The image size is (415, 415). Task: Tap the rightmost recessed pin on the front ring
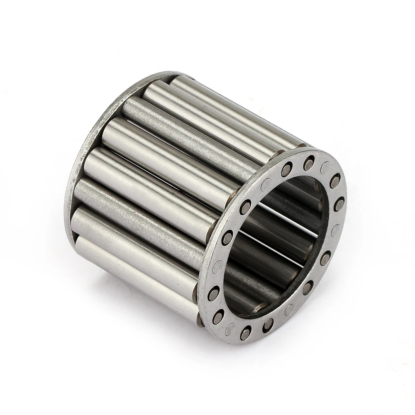click(x=339, y=204)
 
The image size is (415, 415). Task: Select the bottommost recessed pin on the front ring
click(x=246, y=332)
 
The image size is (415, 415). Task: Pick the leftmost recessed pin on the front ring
click(x=214, y=293)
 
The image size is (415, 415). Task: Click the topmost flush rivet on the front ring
click(x=325, y=167)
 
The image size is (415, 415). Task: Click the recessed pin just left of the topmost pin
click(x=286, y=169)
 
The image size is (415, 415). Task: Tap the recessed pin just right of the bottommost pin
click(x=268, y=324)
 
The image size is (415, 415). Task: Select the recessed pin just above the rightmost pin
click(x=335, y=180)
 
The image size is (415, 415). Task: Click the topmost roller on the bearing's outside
click(x=237, y=108)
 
